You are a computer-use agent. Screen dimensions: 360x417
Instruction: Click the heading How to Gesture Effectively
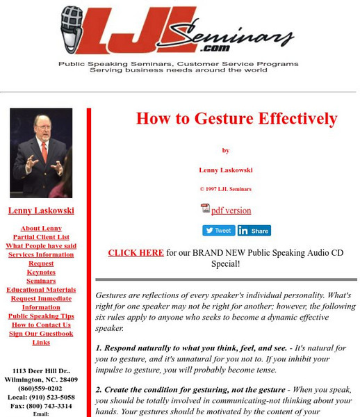pyautogui.click(x=236, y=118)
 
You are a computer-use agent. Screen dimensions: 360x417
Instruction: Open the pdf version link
pyautogui.click(x=231, y=211)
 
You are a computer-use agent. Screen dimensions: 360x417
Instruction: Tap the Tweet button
pyautogui.click(x=218, y=231)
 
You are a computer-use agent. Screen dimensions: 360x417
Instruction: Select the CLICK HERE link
pyautogui.click(x=136, y=253)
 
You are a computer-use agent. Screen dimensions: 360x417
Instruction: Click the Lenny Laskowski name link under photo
pyautogui.click(x=41, y=211)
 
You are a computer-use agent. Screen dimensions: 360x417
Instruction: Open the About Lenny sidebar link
pyautogui.click(x=41, y=228)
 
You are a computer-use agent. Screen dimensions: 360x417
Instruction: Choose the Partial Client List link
pyautogui.click(x=41, y=237)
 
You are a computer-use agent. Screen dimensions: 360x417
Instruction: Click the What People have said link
pyautogui.click(x=41, y=246)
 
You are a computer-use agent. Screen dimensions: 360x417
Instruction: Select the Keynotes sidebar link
pyautogui.click(x=41, y=272)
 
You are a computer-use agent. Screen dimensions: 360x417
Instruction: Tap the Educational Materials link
pyautogui.click(x=41, y=290)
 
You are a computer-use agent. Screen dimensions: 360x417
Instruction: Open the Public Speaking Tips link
pyautogui.click(x=41, y=316)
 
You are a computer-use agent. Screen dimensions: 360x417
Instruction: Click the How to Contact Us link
pyautogui.click(x=41, y=325)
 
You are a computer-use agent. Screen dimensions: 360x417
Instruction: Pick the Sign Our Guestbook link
pyautogui.click(x=41, y=334)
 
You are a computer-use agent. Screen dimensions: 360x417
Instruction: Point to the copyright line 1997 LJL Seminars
pyautogui.click(x=226, y=189)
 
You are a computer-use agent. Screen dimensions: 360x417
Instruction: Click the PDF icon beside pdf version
pyautogui.click(x=205, y=209)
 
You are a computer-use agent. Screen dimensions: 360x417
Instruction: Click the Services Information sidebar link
pyautogui.click(x=41, y=254)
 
